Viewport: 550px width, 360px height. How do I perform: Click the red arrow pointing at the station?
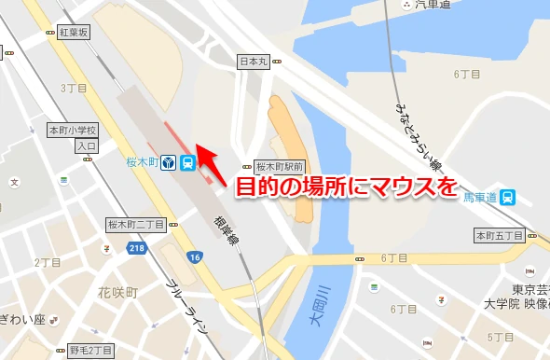tap(213, 160)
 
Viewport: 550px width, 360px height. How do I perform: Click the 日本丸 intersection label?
tap(254, 62)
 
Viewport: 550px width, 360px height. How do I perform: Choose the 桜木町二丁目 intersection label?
tap(136, 225)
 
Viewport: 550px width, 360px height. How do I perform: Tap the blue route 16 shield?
tap(194, 257)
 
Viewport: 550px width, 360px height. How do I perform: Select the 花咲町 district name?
tap(118, 293)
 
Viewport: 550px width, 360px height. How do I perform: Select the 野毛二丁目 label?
tap(91, 350)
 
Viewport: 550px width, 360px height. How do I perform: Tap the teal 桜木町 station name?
tap(142, 162)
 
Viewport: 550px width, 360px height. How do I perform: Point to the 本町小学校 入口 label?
tap(74, 137)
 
